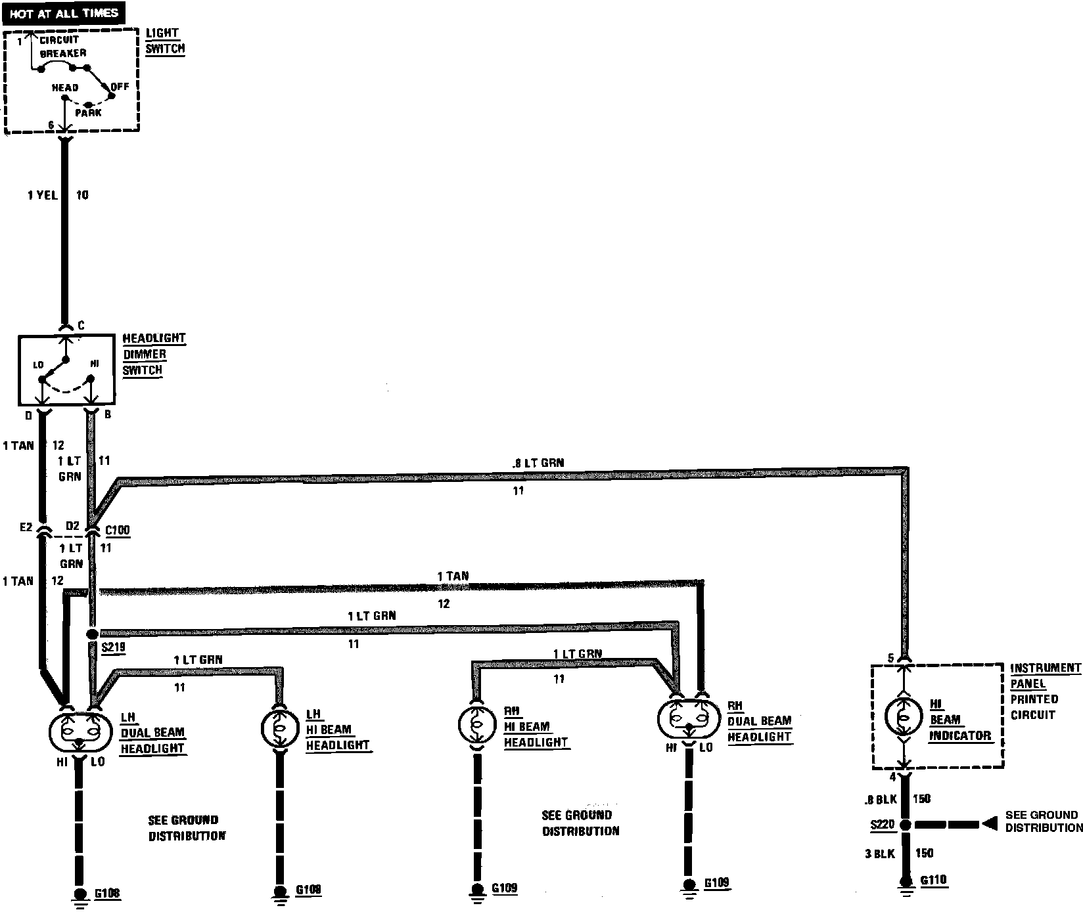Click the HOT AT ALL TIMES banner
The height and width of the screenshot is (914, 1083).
(64, 13)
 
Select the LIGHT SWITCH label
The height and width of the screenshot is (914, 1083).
(164, 41)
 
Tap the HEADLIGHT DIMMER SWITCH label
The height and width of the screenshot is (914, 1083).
(154, 354)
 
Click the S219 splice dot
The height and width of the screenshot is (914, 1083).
(92, 634)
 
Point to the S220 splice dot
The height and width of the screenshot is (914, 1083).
(905, 825)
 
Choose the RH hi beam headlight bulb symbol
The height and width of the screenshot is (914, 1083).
(475, 724)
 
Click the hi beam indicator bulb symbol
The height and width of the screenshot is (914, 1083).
(904, 716)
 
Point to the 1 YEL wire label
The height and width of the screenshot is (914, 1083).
(43, 195)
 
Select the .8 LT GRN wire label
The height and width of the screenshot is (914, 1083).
(537, 463)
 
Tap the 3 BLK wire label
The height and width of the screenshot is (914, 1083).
(879, 854)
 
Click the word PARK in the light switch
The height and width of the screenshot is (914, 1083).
(88, 113)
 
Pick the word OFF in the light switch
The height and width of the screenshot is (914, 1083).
(120, 86)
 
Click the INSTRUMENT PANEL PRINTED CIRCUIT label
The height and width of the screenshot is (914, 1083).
(1044, 691)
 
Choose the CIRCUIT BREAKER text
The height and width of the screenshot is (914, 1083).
(62, 46)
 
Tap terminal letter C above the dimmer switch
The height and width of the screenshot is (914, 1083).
(81, 326)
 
